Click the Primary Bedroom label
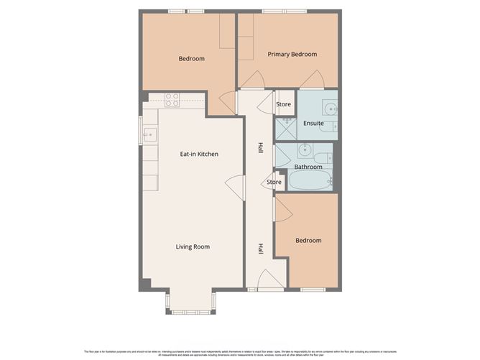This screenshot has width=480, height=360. click(292, 54)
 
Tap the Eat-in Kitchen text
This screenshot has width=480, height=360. click(199, 154)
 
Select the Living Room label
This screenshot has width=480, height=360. click(193, 246)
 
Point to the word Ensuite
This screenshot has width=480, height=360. click(314, 123)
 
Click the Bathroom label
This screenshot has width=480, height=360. click(308, 167)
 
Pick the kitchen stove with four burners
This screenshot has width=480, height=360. click(172, 100)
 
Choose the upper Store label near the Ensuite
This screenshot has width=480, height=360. click(284, 105)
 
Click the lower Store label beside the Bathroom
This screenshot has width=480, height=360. click(274, 182)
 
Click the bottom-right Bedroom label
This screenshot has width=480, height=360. click(308, 240)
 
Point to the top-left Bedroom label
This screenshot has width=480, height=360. click(191, 58)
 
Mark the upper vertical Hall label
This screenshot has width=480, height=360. click(259, 149)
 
